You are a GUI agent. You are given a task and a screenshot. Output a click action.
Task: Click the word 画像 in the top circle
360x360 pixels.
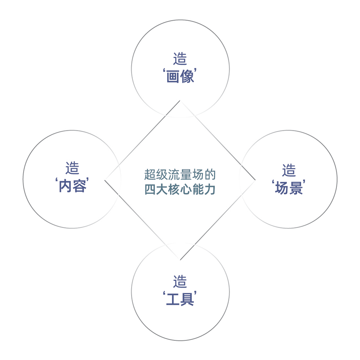(x=180, y=76)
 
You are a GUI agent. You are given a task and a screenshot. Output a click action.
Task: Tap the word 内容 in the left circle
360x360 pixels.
(x=72, y=186)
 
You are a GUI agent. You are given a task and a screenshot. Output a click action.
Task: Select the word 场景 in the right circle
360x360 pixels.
(x=289, y=188)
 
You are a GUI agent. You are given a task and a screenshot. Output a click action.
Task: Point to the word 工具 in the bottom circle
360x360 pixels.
(x=180, y=299)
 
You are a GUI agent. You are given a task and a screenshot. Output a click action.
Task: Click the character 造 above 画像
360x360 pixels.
(x=180, y=58)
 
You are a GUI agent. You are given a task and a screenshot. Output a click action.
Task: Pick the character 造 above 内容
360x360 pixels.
(x=72, y=168)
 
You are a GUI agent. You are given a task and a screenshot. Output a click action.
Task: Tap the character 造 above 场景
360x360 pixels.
(x=289, y=170)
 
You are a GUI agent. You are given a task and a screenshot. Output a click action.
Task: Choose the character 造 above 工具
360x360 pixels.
(x=180, y=282)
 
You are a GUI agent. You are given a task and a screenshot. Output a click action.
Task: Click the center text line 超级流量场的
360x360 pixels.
(x=180, y=174)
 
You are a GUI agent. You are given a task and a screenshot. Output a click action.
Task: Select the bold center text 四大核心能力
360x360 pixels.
(x=180, y=190)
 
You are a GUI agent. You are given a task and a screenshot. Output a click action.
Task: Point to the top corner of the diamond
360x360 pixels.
(x=180, y=100)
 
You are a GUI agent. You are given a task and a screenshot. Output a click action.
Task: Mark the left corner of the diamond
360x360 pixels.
(x=105, y=180)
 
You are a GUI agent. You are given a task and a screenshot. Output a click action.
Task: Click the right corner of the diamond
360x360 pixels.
(x=255, y=180)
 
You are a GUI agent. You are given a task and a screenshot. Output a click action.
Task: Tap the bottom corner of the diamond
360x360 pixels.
(x=180, y=260)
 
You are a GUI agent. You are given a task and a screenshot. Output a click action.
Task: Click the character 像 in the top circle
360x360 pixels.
(x=187, y=76)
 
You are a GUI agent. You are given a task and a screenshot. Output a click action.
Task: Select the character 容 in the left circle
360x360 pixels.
(x=80, y=186)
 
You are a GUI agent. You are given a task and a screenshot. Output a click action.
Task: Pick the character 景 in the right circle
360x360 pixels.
(x=296, y=188)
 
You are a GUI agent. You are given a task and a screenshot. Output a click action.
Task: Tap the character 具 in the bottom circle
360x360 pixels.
(x=187, y=299)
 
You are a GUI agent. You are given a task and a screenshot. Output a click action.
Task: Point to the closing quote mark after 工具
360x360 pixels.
(x=196, y=293)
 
